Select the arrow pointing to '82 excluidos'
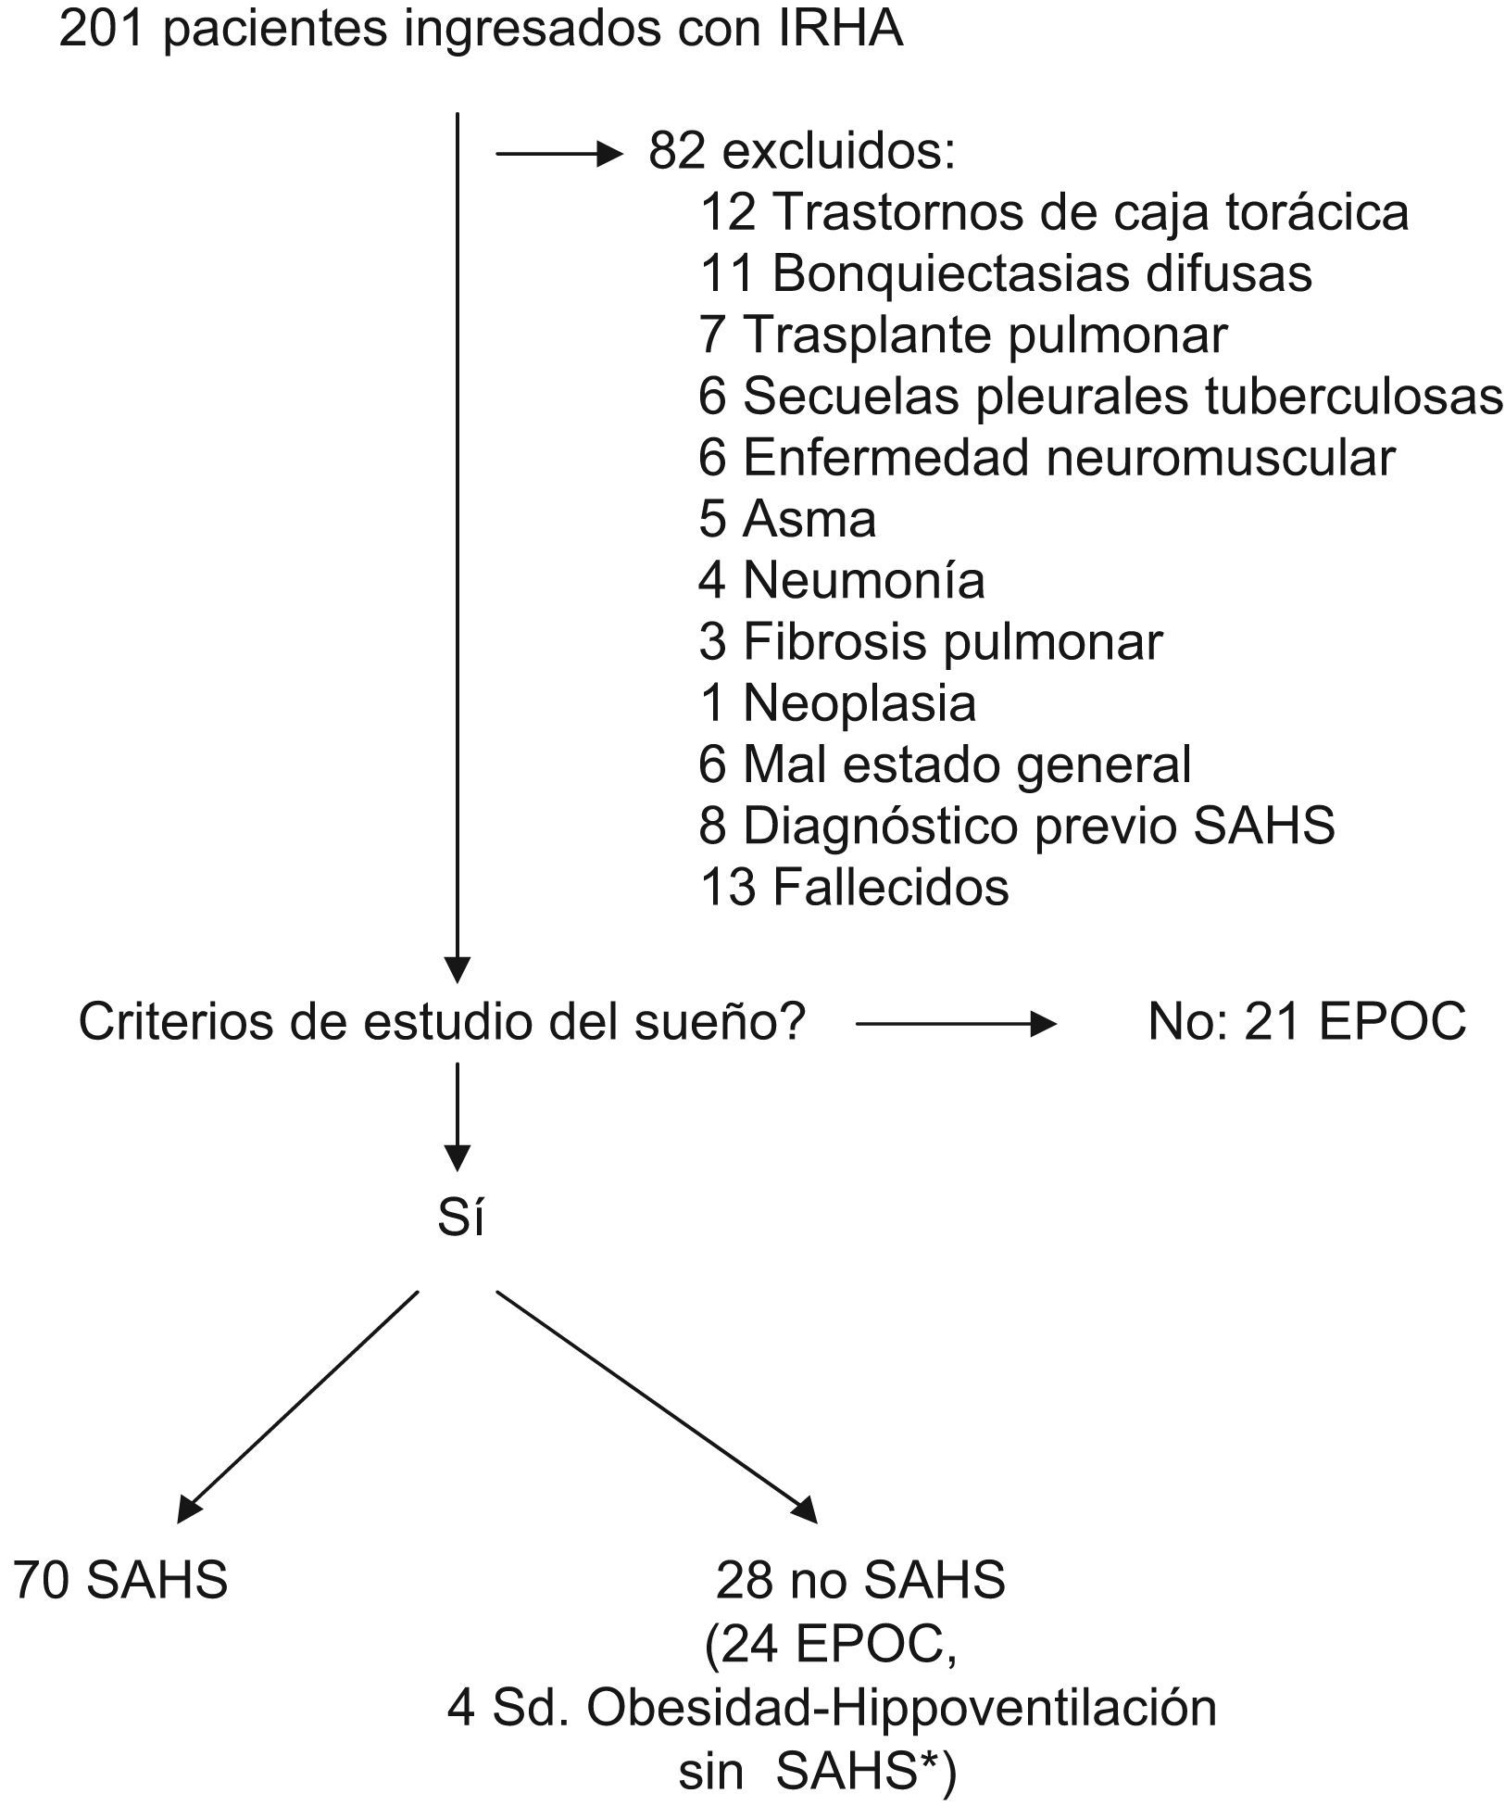click(559, 155)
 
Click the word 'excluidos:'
click(839, 151)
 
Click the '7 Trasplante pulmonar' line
click(963, 335)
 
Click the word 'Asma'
click(809, 519)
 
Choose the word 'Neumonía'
click(864, 581)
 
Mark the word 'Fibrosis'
click(834, 642)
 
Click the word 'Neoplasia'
click(859, 703)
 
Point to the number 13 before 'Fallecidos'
click(728, 888)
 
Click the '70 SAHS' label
click(120, 1580)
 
